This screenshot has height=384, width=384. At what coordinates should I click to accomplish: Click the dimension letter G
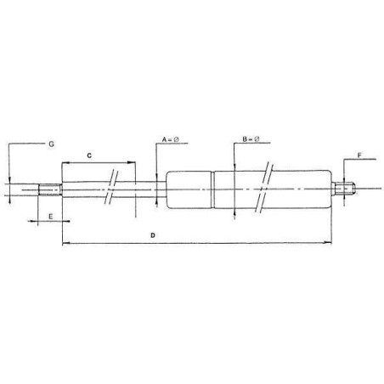pos(51,145)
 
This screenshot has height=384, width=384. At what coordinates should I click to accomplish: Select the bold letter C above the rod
pos(90,155)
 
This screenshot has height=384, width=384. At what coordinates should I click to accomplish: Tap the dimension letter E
pos(51,216)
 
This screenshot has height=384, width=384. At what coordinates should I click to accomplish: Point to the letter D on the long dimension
pos(152,234)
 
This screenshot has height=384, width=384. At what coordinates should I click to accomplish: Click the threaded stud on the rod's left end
pos(49,189)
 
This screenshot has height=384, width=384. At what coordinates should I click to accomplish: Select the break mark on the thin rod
pos(110,189)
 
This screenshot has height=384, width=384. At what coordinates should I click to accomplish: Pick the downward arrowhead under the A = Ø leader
pos(156,173)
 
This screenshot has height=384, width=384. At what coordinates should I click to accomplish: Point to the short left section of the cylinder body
pos(189,189)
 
